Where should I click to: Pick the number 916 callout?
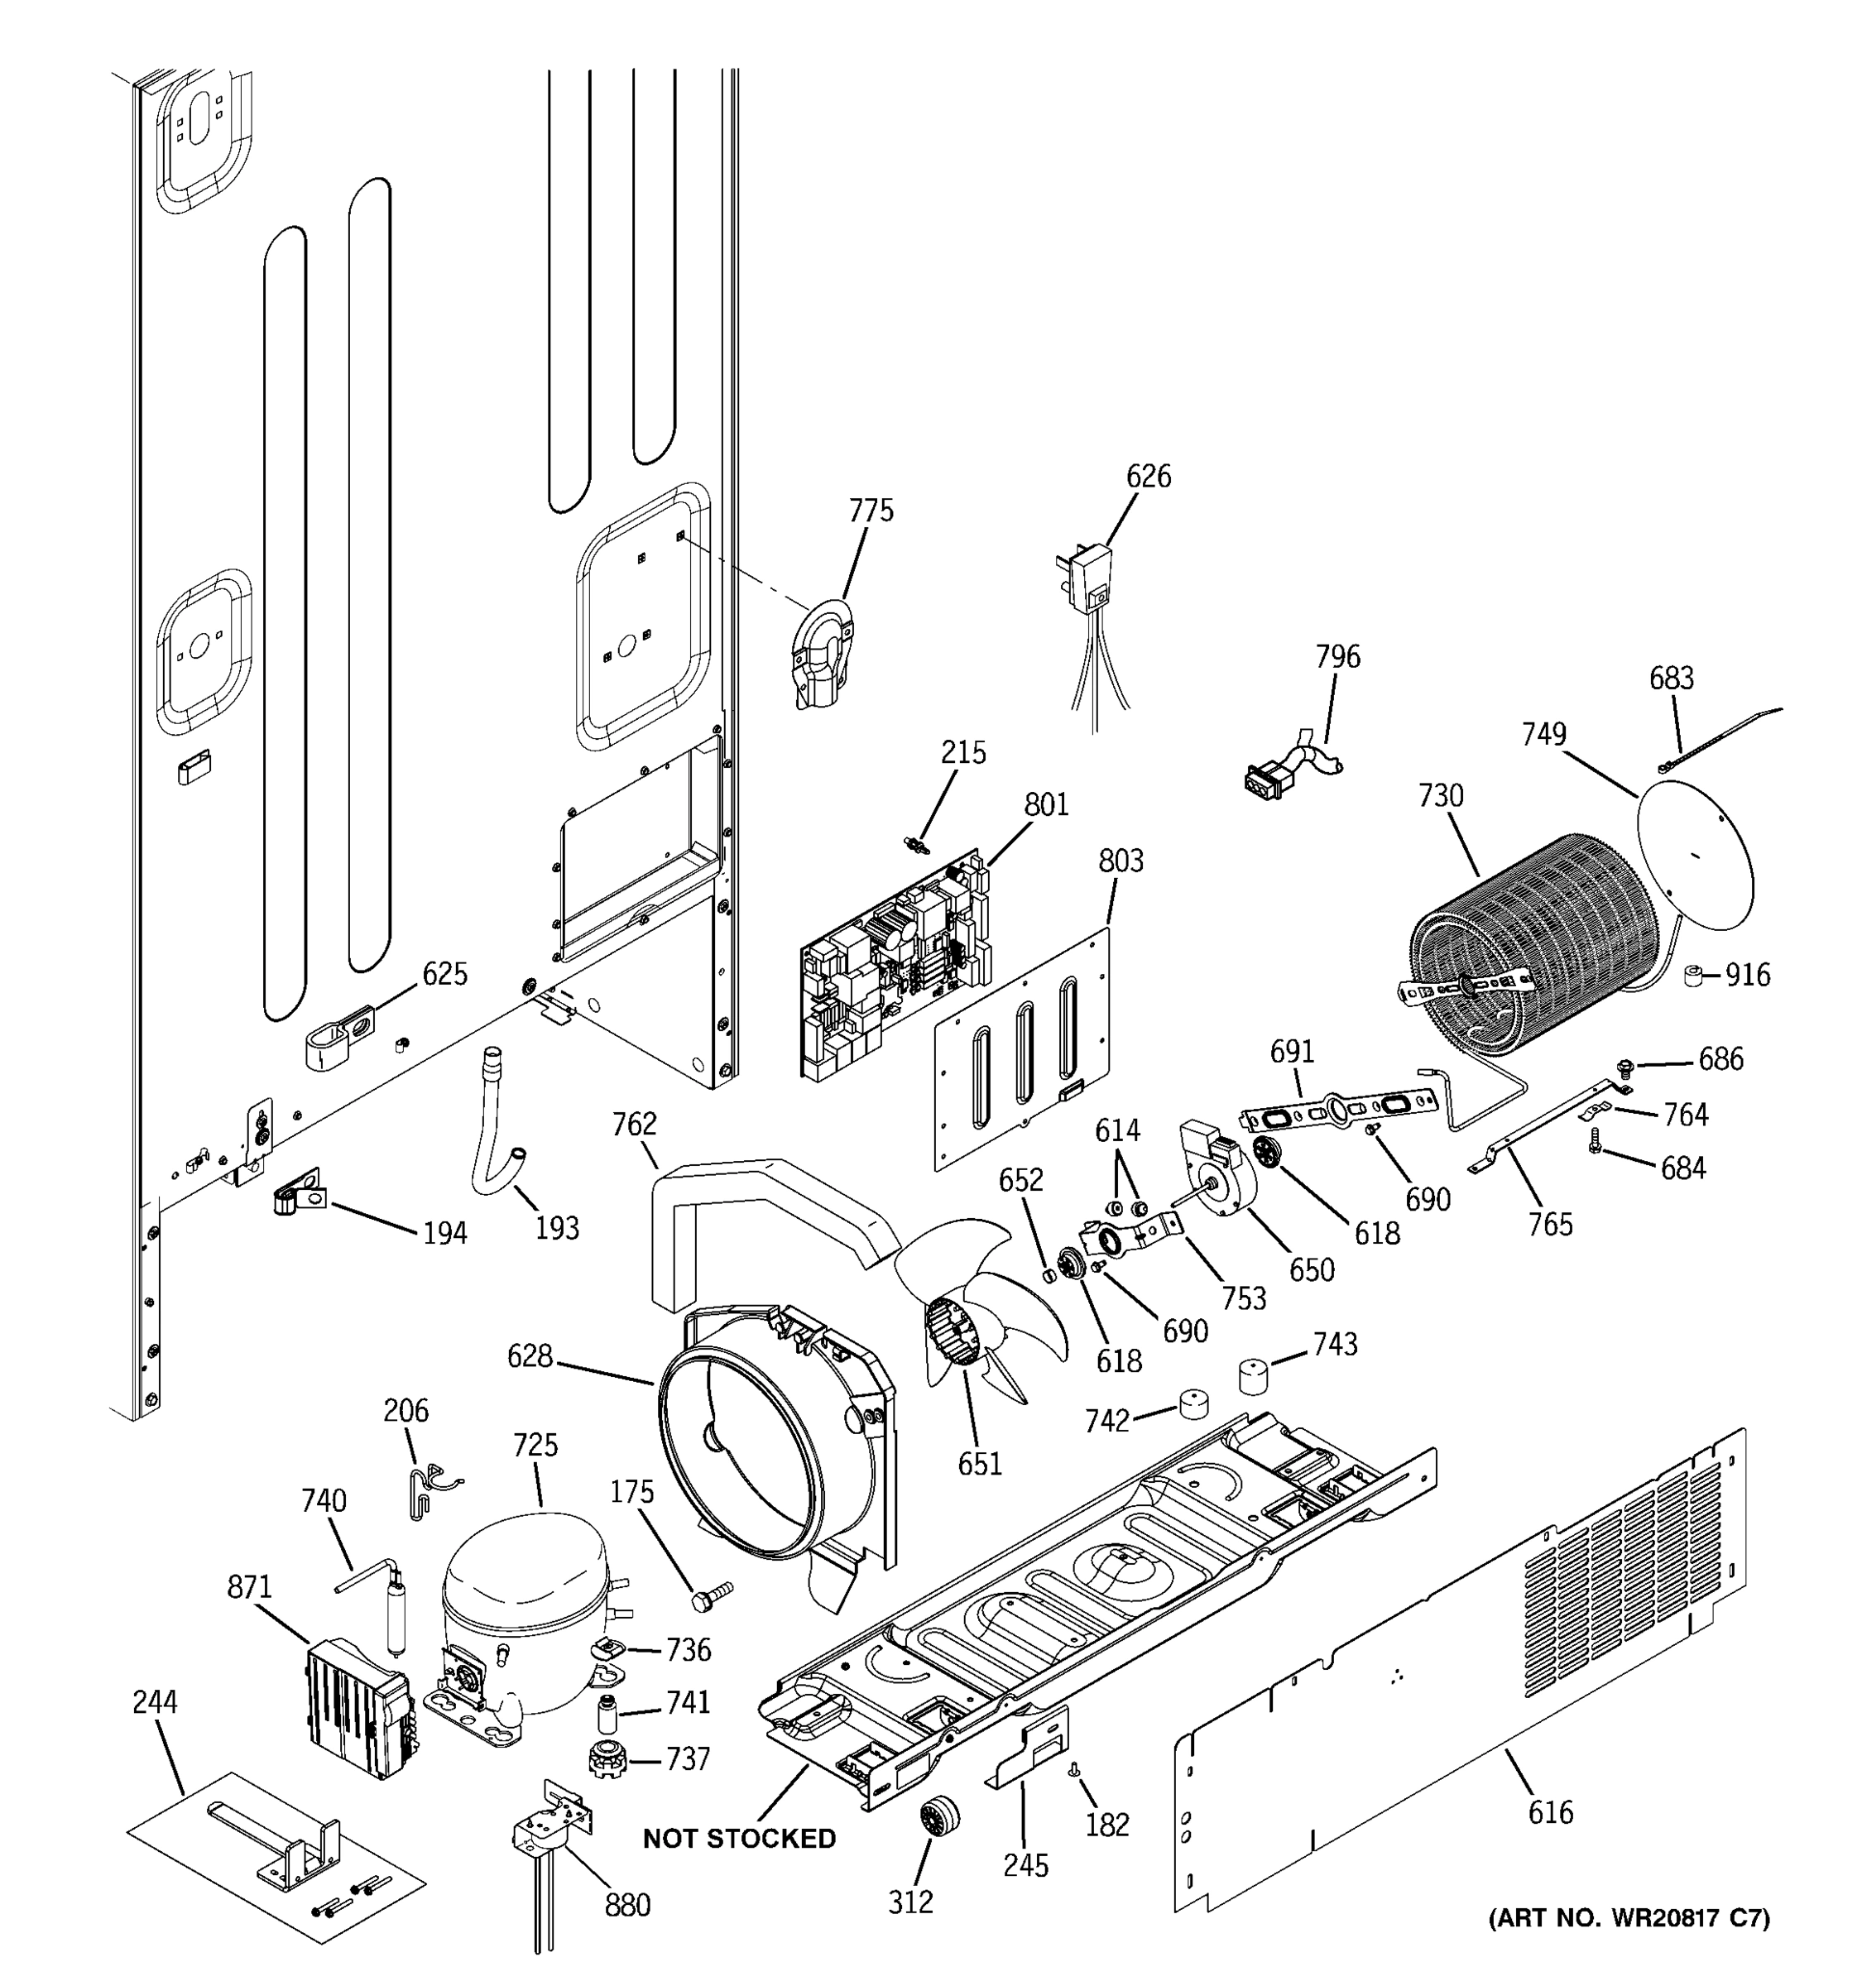[x=1747, y=975]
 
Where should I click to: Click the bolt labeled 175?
[x=710, y=1595]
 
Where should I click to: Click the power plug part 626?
[x=1093, y=579]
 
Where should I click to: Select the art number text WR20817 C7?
[x=1629, y=1917]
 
